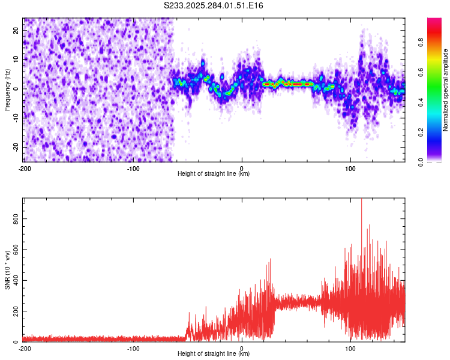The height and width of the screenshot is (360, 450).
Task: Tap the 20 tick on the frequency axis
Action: (x=16, y=30)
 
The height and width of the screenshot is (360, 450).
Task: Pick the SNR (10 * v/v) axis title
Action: (x=7, y=269)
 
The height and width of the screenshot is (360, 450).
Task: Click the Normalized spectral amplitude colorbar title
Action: (x=446, y=90)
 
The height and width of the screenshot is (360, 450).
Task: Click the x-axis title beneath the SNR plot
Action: (x=214, y=354)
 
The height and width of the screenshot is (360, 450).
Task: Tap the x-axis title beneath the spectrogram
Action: (x=214, y=174)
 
